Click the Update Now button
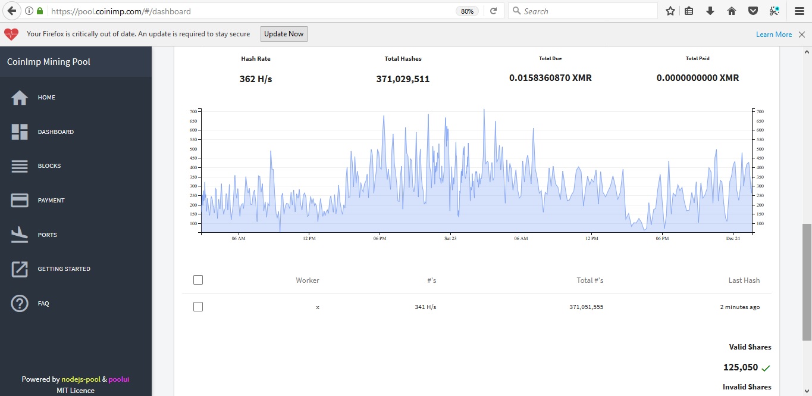coord(284,34)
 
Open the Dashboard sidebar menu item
coord(56,132)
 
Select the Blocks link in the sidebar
coord(49,166)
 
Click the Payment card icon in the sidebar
coord(20,200)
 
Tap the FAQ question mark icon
coord(20,304)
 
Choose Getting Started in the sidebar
coord(64,269)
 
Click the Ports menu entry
coord(48,235)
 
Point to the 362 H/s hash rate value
coord(256,79)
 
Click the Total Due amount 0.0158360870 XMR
coord(550,77)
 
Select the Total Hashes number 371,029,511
coord(403,79)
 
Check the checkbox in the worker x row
coord(198,307)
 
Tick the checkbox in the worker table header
coord(198,280)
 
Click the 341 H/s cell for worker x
coord(425,307)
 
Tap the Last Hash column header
coord(744,280)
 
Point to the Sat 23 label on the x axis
coord(450,238)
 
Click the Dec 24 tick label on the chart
coord(733,238)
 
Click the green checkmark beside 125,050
coord(766,369)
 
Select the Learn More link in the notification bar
coord(773,35)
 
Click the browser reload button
coord(493,11)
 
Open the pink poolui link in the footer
coord(119,379)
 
